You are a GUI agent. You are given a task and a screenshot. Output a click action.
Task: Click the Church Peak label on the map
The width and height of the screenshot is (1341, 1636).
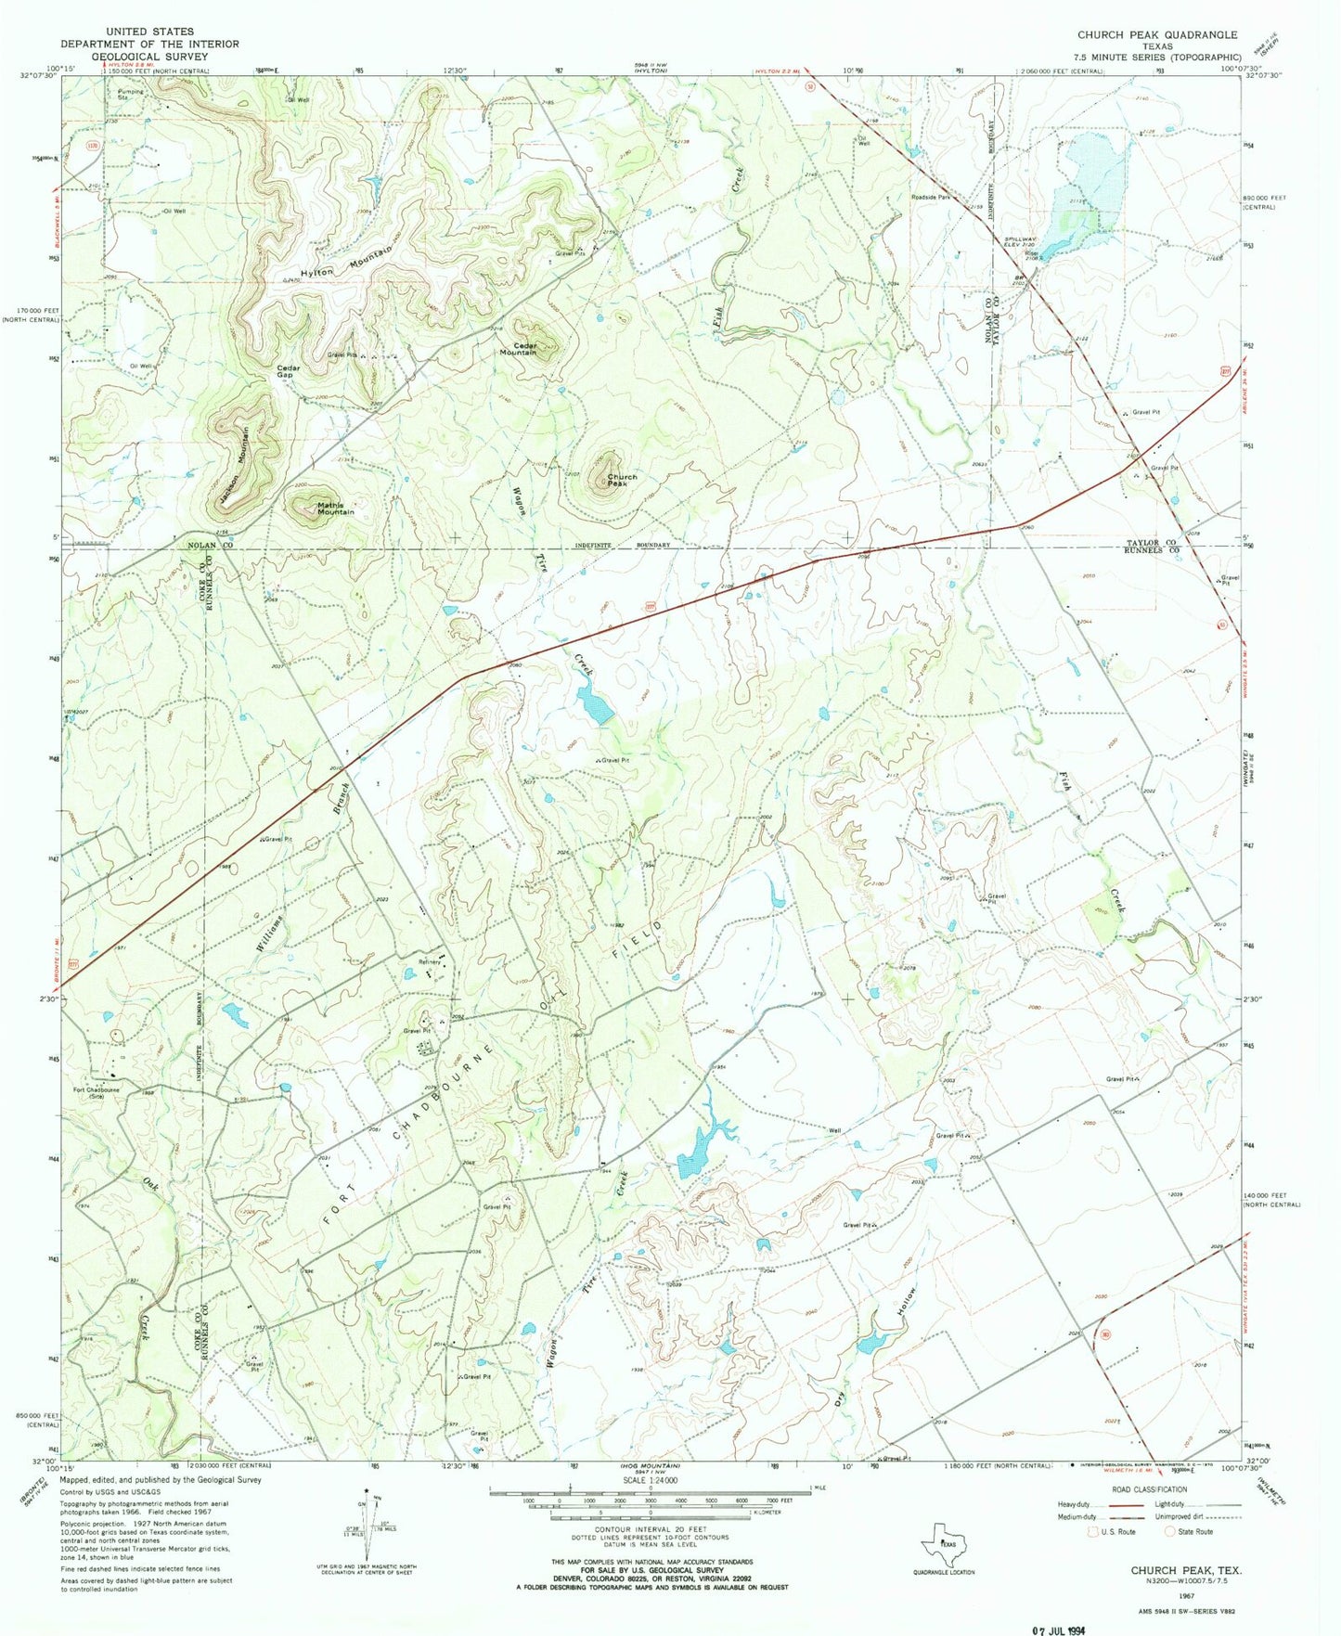pyautogui.click(x=622, y=481)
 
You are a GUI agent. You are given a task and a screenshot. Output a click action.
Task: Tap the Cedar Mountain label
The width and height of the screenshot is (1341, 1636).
pyautogui.click(x=518, y=349)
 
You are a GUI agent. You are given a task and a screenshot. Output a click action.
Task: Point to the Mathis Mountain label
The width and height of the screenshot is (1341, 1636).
pyautogui.click(x=335, y=509)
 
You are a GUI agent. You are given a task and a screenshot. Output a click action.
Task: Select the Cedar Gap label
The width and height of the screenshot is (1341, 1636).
pyautogui.click(x=287, y=371)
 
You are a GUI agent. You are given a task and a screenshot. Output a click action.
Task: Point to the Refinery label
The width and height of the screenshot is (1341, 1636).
pyautogui.click(x=429, y=961)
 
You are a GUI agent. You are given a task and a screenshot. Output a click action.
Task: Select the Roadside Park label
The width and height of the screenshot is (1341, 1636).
pyautogui.click(x=930, y=198)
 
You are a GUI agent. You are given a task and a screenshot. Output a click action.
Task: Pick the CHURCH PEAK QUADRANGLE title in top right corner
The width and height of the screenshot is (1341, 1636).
pyautogui.click(x=1156, y=34)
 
